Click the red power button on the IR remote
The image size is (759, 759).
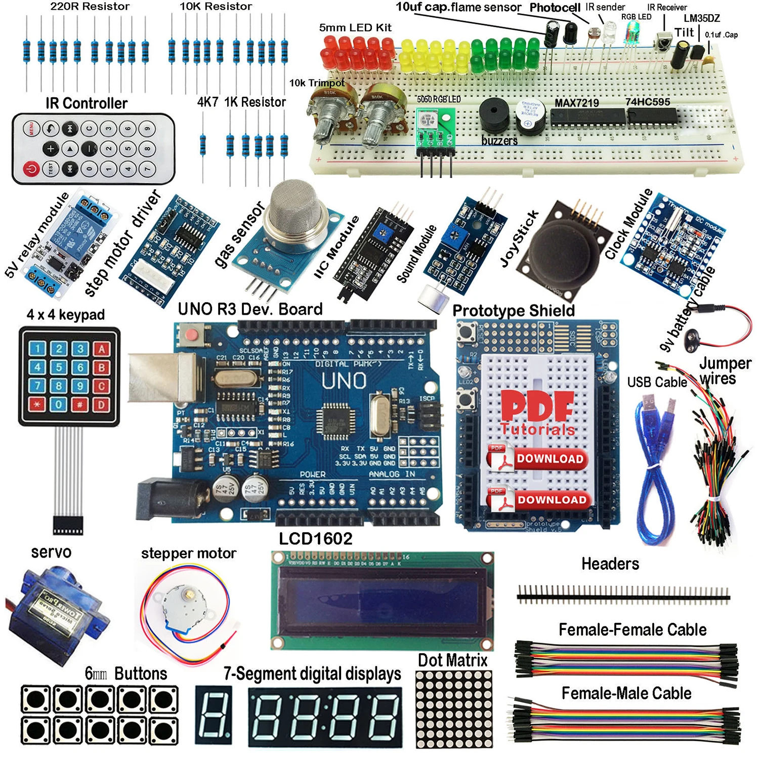pyautogui.click(x=31, y=168)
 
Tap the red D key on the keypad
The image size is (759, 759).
pyautogui.click(x=101, y=405)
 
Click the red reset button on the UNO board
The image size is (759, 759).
pyautogui.click(x=191, y=334)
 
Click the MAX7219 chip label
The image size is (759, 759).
pyautogui.click(x=576, y=103)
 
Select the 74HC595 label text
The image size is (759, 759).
pyautogui.click(x=647, y=102)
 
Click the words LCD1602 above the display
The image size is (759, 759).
pyautogui.click(x=315, y=538)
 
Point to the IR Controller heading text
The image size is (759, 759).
pyautogui.click(x=87, y=103)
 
